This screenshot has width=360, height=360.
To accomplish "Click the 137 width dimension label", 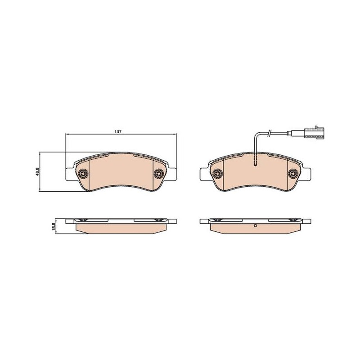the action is pyautogui.click(x=118, y=132).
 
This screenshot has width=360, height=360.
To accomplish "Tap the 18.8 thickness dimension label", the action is pyautogui.click(x=54, y=226).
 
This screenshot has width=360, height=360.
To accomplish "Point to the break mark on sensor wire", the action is pyautogui.click(x=270, y=133).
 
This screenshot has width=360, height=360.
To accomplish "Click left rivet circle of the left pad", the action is pyautogui.click(x=83, y=173).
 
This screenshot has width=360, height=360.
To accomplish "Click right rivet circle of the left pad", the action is pyautogui.click(x=159, y=173).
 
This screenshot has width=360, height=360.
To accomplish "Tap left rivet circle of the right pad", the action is pyautogui.click(x=218, y=173).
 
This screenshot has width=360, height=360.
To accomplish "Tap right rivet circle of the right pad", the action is pyautogui.click(x=293, y=173).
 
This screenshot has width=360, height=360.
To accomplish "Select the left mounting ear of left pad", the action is pyautogui.click(x=70, y=174).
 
